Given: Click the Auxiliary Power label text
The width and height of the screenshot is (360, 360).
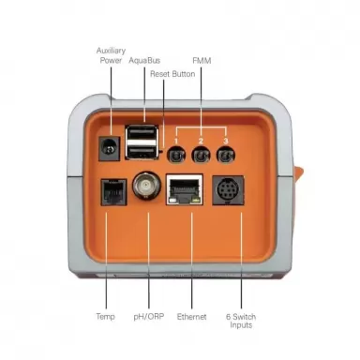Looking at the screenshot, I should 111,53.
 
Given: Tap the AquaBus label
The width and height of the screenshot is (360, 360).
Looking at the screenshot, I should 145,59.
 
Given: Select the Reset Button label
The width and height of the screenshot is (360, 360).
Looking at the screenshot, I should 177,73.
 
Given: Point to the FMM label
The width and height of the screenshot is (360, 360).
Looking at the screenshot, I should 201,59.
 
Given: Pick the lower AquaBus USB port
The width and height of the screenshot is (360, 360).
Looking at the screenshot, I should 143,151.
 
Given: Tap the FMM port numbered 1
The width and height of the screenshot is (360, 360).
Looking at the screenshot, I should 174,155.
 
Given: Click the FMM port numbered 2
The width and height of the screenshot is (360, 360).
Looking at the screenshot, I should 200,155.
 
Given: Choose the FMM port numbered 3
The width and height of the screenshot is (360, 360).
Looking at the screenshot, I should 224,155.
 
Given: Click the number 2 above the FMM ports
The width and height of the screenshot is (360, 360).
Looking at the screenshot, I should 200,139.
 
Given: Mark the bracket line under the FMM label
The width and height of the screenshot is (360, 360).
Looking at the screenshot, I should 200,121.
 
